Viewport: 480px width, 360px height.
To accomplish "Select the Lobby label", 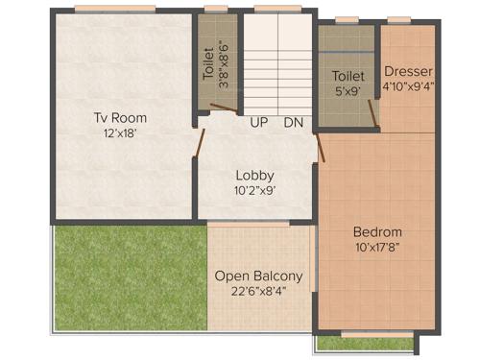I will tap(255, 175).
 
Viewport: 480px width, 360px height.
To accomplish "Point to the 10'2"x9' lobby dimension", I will tap(255, 190).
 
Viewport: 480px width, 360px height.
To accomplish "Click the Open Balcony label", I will tap(258, 276).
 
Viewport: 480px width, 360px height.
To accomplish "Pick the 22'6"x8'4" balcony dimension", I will tap(258, 289).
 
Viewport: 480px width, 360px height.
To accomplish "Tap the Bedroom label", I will tap(377, 231).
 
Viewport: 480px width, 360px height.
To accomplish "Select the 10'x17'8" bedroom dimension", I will tap(377, 246).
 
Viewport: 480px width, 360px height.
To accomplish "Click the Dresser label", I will tap(409, 71).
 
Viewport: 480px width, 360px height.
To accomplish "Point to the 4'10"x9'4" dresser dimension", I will tap(409, 85).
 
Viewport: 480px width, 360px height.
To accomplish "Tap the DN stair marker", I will tap(294, 123).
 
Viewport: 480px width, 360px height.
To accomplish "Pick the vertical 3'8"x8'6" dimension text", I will tap(225, 62).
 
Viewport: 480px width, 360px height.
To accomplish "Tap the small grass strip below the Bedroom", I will tap(364, 343).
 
